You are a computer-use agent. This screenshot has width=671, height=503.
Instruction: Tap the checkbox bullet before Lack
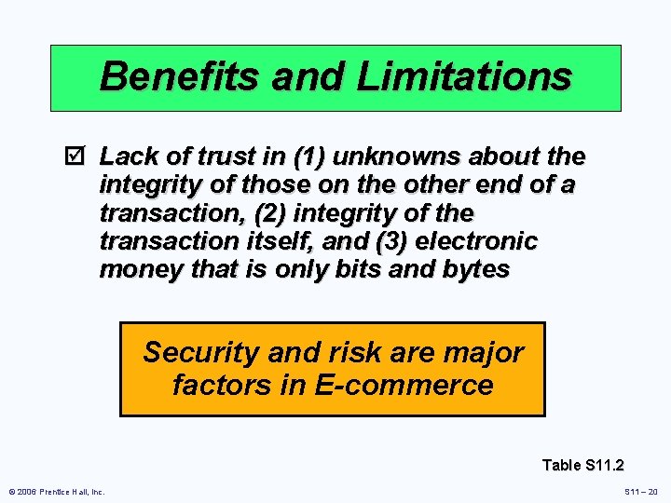pos(78,155)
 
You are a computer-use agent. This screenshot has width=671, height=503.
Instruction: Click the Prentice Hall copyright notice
pos(57,491)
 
